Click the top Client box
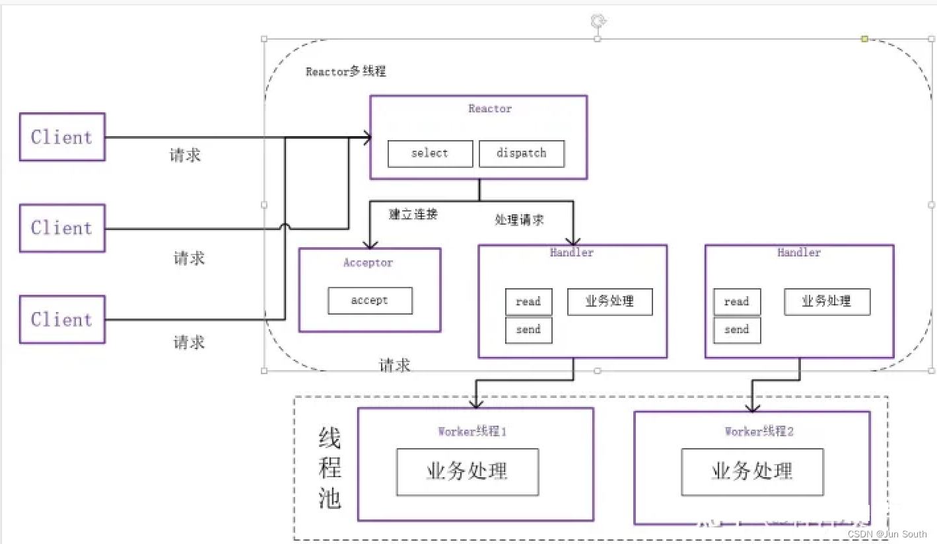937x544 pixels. tap(62, 137)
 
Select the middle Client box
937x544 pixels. tap(62, 228)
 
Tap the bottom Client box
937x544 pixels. tap(62, 319)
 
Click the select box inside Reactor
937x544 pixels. tap(430, 153)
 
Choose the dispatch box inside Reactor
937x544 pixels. tap(521, 153)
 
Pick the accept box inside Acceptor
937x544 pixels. tap(370, 301)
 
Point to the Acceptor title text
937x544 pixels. tap(368, 263)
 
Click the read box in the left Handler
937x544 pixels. tap(528, 302)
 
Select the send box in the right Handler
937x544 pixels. tap(737, 330)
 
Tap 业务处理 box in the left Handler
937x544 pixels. tap(609, 301)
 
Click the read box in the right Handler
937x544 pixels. tap(737, 302)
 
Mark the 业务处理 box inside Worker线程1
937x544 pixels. tap(467, 472)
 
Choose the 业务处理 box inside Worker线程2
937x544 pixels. tap(752, 472)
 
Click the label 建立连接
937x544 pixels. tap(413, 214)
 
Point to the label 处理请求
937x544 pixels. tap(519, 219)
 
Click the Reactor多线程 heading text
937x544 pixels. tap(345, 71)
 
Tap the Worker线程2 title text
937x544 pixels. tap(759, 432)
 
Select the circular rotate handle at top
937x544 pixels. tap(598, 22)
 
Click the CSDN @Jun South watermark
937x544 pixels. tap(887, 534)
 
